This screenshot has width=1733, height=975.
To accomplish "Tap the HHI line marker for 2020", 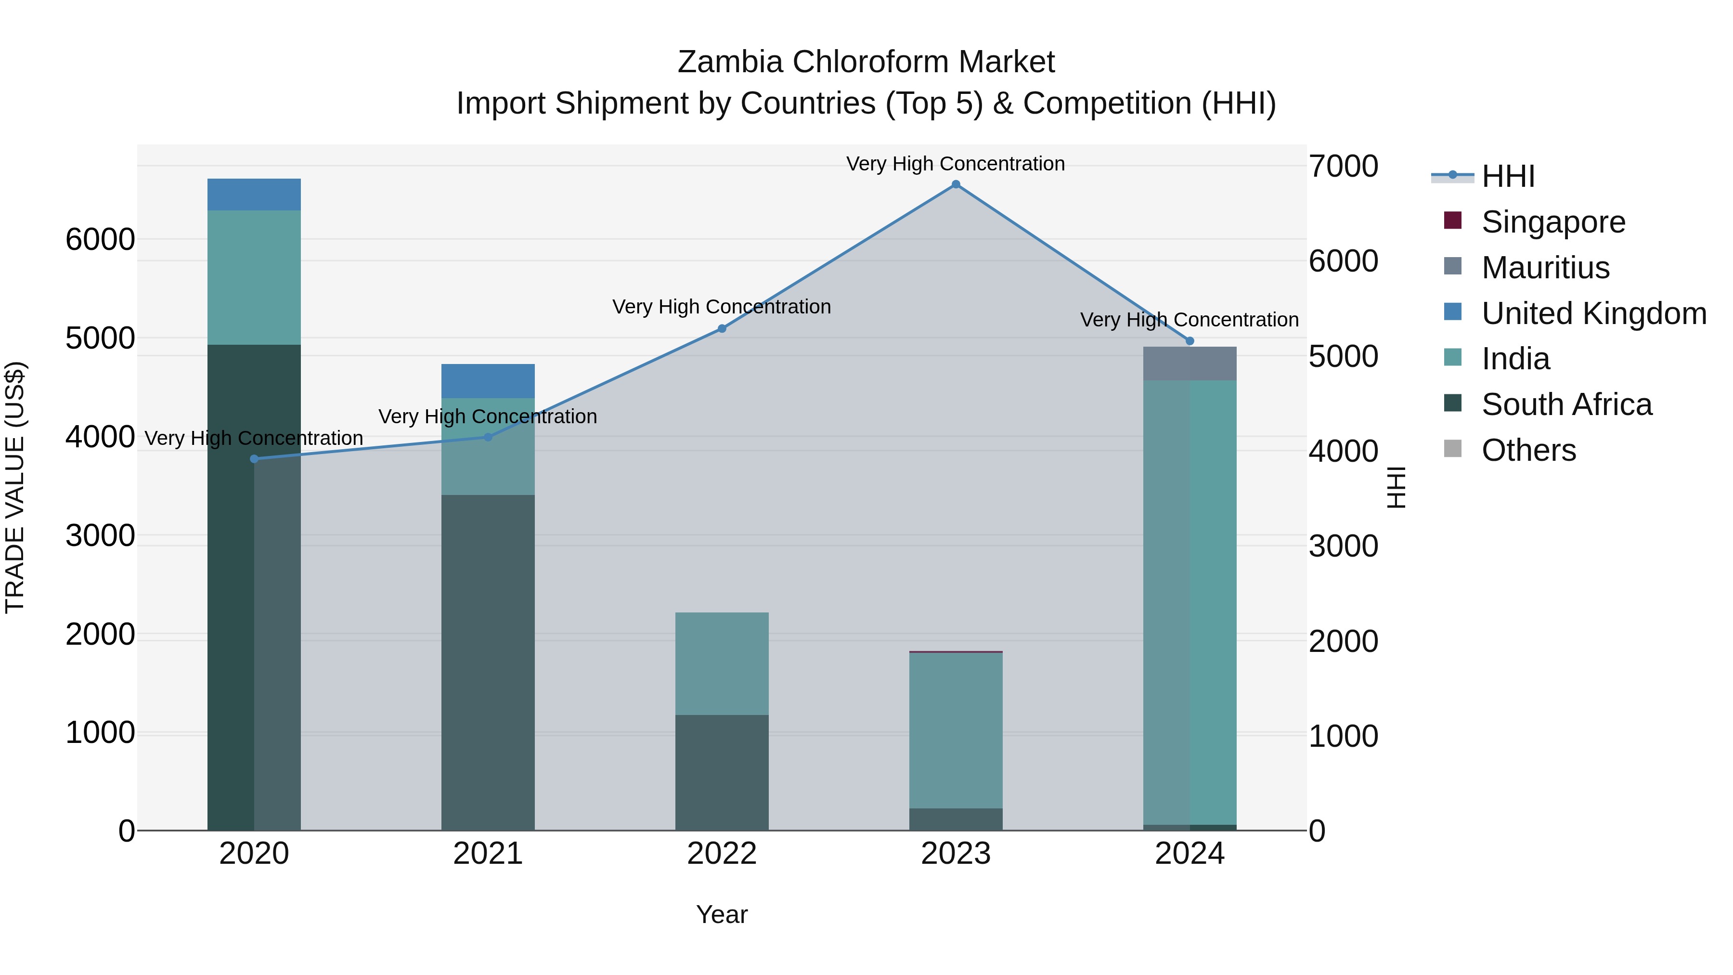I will coord(254,459).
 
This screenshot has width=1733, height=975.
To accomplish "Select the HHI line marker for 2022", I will coord(722,328).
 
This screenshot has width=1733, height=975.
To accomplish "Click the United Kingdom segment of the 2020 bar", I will coord(254,195).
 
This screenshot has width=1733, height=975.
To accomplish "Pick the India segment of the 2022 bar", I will coord(722,663).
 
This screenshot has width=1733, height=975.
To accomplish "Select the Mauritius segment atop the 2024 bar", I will coord(1190,364).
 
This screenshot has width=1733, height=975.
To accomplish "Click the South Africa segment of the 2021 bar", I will coord(488,663).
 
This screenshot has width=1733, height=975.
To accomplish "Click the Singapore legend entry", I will coord(1552,222).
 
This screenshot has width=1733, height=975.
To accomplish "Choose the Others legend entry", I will coord(1528,450).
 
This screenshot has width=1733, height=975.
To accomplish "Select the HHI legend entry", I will coord(1508,176).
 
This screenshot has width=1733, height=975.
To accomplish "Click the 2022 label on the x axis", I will coord(722,854).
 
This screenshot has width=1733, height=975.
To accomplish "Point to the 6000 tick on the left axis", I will coord(100,240).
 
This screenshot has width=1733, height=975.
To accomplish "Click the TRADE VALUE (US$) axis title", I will coord(15,487).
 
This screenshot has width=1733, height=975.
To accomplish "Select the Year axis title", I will coord(722,914).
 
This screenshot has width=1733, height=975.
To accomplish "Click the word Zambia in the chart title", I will coord(729,62).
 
